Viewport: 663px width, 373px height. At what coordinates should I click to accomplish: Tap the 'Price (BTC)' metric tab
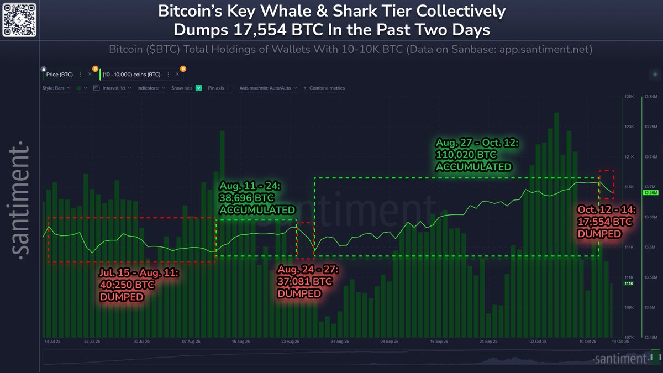pyautogui.click(x=60, y=74)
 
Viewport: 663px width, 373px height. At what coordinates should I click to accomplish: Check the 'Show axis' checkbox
pyautogui.click(x=198, y=88)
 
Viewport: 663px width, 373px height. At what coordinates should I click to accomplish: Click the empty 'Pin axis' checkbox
pyautogui.click(x=230, y=88)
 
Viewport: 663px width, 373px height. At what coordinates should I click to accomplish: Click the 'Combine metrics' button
pyautogui.click(x=327, y=88)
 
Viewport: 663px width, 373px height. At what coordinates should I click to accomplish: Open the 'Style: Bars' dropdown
pyautogui.click(x=55, y=88)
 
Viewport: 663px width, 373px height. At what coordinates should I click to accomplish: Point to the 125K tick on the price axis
pyautogui.click(x=628, y=97)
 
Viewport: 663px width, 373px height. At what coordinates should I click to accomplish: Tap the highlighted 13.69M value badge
pyautogui.click(x=650, y=193)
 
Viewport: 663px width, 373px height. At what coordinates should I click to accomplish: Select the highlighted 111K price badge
pyautogui.click(x=629, y=283)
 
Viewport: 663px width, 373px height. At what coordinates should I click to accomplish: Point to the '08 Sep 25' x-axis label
pyautogui.click(x=391, y=342)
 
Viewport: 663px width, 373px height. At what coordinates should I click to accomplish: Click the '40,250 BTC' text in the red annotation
pyautogui.click(x=127, y=285)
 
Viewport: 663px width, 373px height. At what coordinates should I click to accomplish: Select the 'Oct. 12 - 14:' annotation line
pyautogui.click(x=607, y=210)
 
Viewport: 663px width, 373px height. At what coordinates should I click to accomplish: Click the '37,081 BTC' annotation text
pyautogui.click(x=305, y=282)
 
